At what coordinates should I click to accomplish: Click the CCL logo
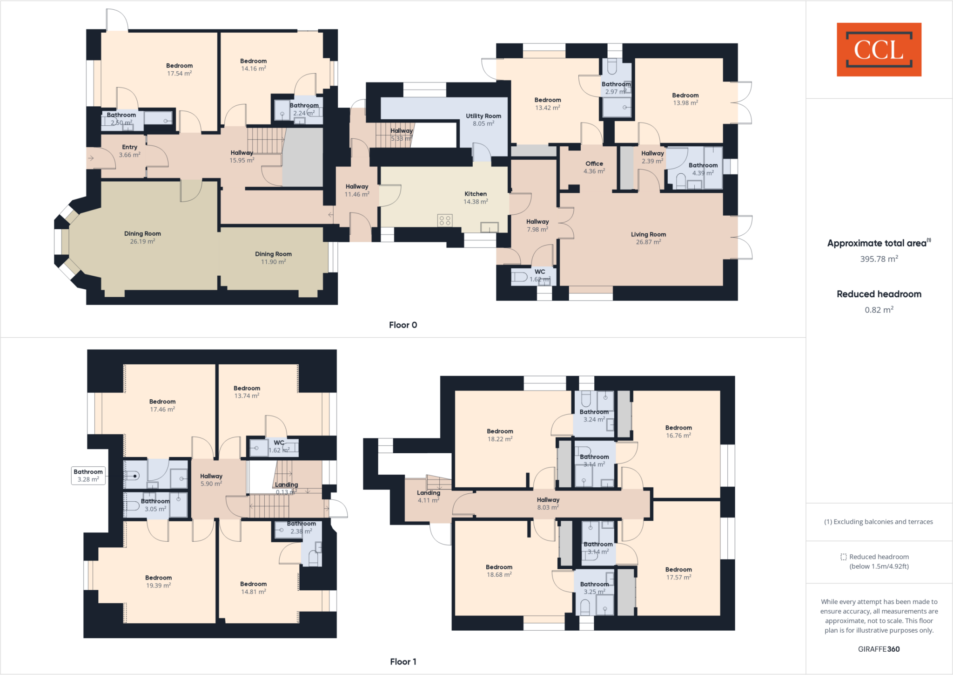(879, 49)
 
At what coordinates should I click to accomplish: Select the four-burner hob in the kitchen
(444, 220)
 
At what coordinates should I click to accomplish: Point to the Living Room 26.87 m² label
(648, 238)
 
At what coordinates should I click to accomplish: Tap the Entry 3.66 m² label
(129, 150)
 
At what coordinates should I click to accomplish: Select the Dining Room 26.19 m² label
(142, 237)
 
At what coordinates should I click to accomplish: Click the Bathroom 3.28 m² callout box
(88, 475)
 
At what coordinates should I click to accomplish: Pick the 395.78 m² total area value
(879, 259)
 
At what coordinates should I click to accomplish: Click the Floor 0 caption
(403, 325)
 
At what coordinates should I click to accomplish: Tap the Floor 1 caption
(403, 661)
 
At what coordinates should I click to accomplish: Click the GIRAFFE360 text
(879, 649)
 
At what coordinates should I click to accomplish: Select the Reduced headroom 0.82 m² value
(879, 310)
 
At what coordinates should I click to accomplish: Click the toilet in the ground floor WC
(519, 278)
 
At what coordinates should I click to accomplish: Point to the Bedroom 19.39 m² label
(158, 581)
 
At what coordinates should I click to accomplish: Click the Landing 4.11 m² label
(428, 496)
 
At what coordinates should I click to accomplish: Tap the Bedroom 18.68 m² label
(499, 571)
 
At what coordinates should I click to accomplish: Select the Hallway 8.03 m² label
(548, 503)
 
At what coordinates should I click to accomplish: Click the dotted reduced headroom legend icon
(843, 557)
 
